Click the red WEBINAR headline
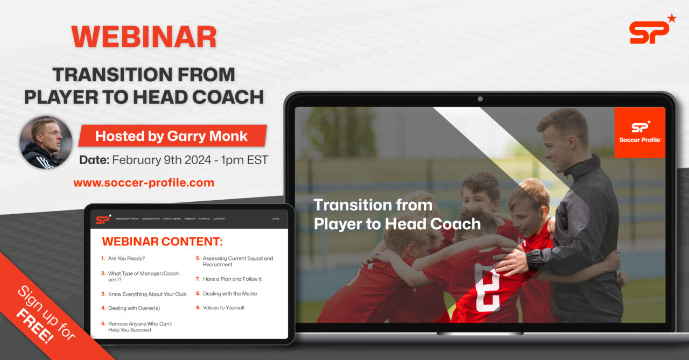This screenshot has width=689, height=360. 144,37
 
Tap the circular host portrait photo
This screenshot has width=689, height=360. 46,143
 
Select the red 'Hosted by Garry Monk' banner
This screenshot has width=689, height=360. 172,136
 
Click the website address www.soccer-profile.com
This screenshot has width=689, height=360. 144,183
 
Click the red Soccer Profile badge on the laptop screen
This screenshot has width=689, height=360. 639,132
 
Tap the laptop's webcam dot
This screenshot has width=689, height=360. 480,99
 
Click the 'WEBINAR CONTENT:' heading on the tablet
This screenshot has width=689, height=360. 162,241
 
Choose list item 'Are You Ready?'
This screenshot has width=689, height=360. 126,258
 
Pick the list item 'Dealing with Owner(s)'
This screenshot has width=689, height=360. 133,308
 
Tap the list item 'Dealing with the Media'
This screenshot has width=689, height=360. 229,294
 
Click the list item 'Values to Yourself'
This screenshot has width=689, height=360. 223,308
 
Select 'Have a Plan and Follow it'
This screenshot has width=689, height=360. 232,279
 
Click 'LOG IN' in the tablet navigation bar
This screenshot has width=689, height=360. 276,219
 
